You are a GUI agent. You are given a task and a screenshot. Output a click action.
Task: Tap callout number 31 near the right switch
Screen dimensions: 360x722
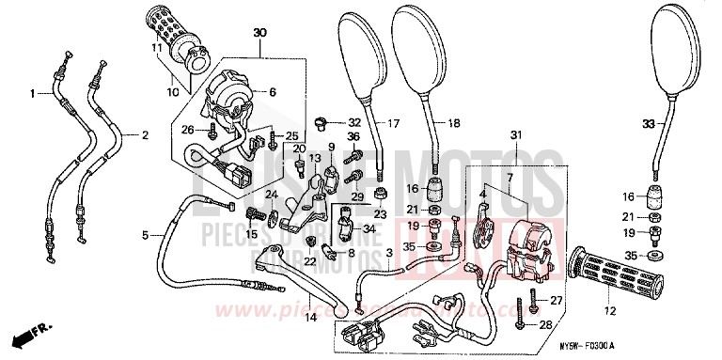514,137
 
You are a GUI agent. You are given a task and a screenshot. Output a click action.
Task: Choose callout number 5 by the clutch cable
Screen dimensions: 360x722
146,234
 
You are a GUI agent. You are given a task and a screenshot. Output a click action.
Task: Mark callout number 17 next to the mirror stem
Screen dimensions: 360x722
393,122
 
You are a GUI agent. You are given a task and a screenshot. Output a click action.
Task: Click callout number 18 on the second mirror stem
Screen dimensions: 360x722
453,123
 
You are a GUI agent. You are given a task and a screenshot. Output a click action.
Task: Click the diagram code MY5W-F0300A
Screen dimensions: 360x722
660,346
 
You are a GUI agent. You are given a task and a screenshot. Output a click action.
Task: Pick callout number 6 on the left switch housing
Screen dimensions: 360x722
273,92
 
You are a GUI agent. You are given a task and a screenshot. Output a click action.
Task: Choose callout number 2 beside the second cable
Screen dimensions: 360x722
145,135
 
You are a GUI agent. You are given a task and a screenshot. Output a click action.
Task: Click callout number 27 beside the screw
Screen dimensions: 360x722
555,301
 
